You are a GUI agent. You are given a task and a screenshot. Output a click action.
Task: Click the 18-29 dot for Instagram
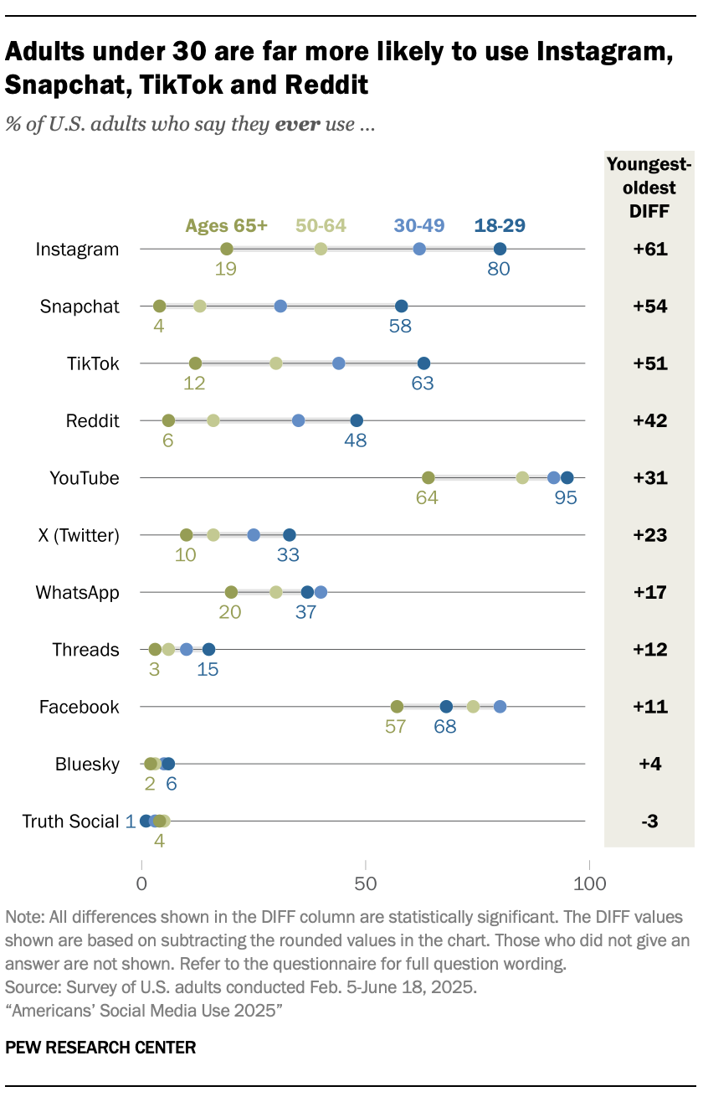500,249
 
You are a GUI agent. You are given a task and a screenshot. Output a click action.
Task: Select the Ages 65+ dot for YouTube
428,478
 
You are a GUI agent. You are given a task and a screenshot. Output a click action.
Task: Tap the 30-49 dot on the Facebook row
500,707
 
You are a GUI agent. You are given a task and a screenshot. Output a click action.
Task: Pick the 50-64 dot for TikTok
276,363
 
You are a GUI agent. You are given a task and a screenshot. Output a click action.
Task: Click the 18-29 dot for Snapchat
401,306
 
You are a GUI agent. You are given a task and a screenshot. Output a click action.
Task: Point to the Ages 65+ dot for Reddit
169,420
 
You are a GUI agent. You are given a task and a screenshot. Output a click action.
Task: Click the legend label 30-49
419,225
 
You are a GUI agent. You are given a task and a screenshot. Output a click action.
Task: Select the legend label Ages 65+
226,225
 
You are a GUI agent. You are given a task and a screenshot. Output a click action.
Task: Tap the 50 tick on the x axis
365,883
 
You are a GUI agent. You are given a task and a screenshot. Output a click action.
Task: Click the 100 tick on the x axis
589,883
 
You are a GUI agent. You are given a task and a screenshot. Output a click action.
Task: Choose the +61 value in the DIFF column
649,250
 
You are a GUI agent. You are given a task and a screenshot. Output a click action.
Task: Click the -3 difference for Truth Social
649,821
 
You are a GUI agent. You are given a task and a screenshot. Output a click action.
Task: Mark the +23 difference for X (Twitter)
649,535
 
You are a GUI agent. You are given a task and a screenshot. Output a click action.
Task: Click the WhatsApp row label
77,593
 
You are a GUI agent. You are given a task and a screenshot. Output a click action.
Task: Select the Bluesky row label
87,765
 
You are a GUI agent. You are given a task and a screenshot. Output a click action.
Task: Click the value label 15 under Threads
208,669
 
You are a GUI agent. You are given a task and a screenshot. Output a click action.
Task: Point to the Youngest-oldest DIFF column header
649,188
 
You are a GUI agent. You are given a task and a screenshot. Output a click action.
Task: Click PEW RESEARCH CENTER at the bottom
101,1047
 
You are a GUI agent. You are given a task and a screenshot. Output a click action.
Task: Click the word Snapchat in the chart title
70,85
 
